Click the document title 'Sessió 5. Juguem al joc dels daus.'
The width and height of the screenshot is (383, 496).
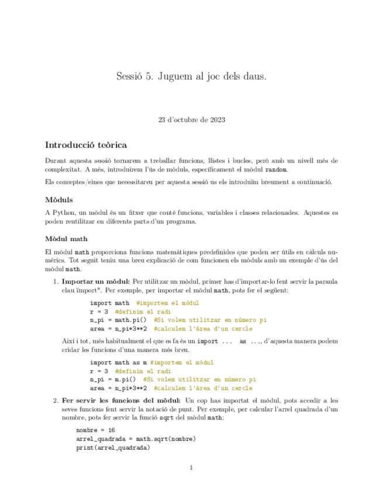coord(191,76)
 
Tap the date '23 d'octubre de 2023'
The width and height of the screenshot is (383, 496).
coord(191,120)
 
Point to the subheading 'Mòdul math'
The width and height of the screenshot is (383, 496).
coord(66,239)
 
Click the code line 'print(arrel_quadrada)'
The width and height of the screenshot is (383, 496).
coord(113,448)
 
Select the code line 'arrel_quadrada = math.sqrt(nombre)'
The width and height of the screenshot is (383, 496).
coord(136,439)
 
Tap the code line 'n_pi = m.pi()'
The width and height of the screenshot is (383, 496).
coord(113,379)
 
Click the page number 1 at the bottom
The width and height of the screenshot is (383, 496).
coord(191,468)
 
